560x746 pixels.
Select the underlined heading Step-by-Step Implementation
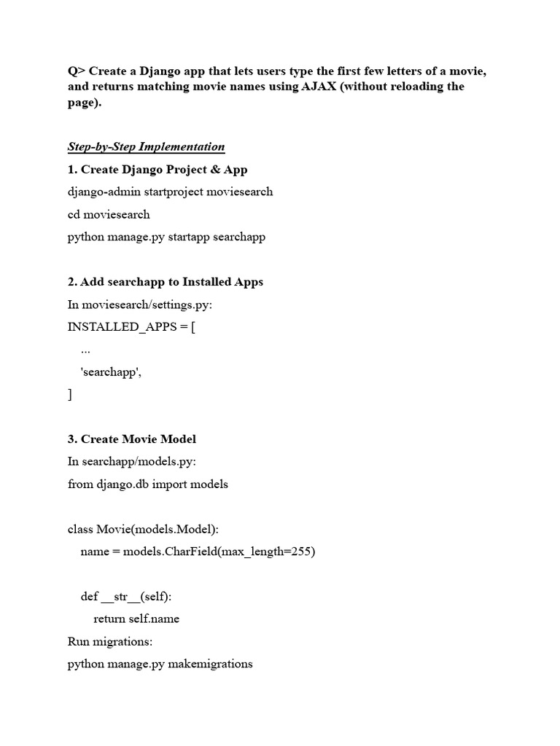click(146, 146)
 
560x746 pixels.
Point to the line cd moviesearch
click(109, 214)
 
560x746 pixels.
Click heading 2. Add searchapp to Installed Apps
click(166, 282)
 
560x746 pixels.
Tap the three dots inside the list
click(85, 350)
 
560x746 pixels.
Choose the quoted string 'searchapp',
click(111, 372)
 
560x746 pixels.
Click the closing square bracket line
click(70, 394)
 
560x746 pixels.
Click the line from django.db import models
click(148, 484)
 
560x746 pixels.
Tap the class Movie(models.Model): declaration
click(143, 529)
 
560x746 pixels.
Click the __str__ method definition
click(126, 597)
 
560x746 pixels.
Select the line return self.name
click(136, 619)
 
